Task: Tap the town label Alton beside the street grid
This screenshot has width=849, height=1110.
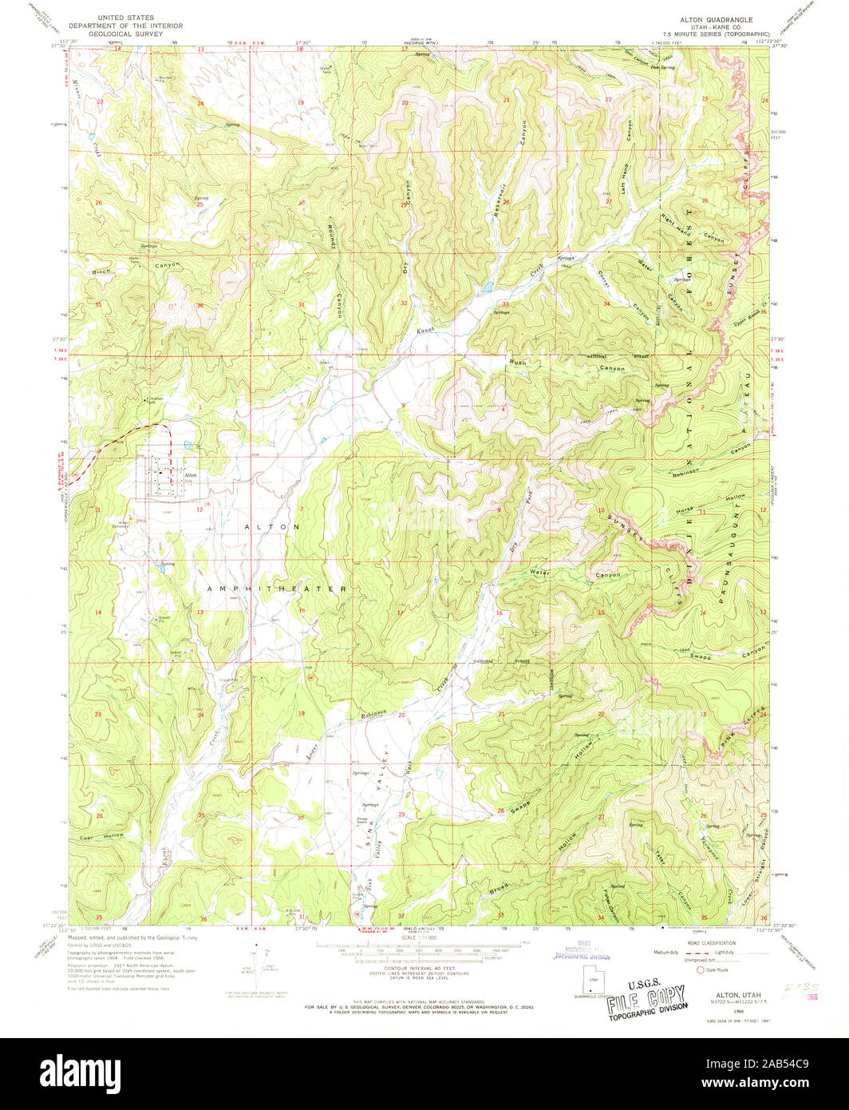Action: coord(190,476)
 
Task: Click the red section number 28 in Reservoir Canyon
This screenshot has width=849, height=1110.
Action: coord(505,202)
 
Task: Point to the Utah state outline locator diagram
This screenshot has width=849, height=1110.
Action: coord(592,979)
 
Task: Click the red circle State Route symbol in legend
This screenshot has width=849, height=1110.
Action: coord(701,970)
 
